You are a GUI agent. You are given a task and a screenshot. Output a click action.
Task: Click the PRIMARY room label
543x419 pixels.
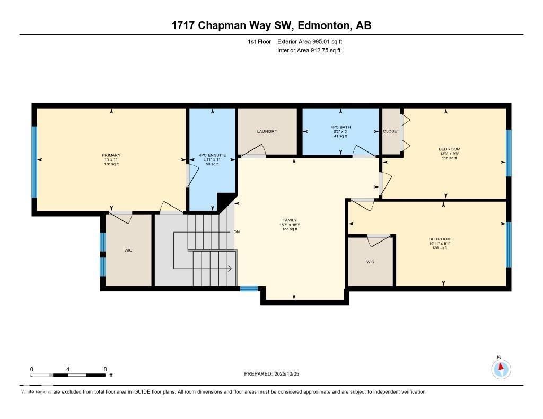[x=111, y=155]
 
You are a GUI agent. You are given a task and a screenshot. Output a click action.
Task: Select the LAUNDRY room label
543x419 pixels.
[x=267, y=131]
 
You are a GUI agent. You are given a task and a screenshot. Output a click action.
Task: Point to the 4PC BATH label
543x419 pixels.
[x=340, y=127]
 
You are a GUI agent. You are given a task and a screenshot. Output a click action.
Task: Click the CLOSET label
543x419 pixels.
[x=391, y=131]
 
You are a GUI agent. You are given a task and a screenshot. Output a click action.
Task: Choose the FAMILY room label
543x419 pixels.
[x=290, y=220]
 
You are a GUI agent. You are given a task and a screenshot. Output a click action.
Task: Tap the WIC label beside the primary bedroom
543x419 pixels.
[x=128, y=250]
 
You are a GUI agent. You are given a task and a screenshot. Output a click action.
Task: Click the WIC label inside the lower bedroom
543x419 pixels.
[x=370, y=262]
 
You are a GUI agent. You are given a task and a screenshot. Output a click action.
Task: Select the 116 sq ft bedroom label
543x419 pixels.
[x=449, y=149]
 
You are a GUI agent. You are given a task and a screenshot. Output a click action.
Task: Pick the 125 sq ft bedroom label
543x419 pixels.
[x=440, y=239]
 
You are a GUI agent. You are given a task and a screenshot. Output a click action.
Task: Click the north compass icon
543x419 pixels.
[x=501, y=368]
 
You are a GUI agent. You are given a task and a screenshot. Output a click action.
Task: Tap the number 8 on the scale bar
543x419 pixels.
[x=105, y=369]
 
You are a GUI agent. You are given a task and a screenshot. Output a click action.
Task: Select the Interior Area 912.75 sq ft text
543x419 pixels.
[x=309, y=50]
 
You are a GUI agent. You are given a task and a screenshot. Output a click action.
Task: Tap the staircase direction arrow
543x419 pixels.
[x=230, y=269]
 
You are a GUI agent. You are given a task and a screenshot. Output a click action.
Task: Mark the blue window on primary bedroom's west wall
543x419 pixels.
[x=34, y=162]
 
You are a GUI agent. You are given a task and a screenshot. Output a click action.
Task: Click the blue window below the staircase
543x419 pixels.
[x=249, y=289]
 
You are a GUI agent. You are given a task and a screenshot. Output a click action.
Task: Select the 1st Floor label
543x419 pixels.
[x=259, y=41]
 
